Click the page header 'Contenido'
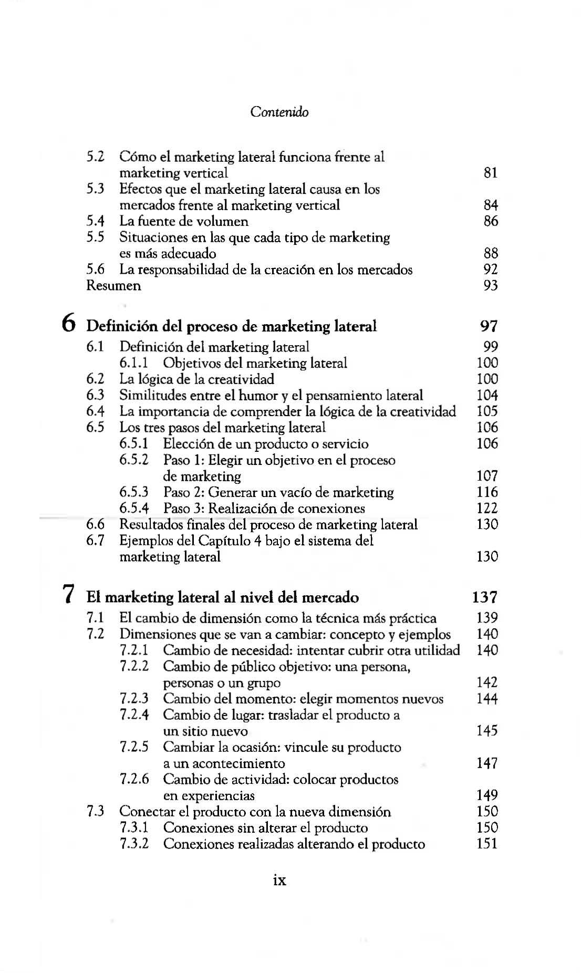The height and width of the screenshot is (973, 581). click(279, 112)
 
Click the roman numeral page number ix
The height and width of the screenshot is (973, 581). click(280, 880)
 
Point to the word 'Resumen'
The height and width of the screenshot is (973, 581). click(113, 286)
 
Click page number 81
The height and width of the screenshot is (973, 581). click(490, 173)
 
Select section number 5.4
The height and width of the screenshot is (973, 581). click(95, 221)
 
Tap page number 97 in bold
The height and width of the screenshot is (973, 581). click(489, 326)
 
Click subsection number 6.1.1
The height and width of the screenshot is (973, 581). click(133, 363)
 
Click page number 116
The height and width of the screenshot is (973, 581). click(487, 492)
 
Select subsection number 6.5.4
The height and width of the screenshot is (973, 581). click(134, 509)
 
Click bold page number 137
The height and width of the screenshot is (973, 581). click(484, 597)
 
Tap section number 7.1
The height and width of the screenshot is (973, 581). click(95, 618)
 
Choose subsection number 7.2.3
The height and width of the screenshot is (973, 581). click(134, 699)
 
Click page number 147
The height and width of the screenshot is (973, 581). click(487, 763)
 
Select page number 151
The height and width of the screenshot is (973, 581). click(487, 844)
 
